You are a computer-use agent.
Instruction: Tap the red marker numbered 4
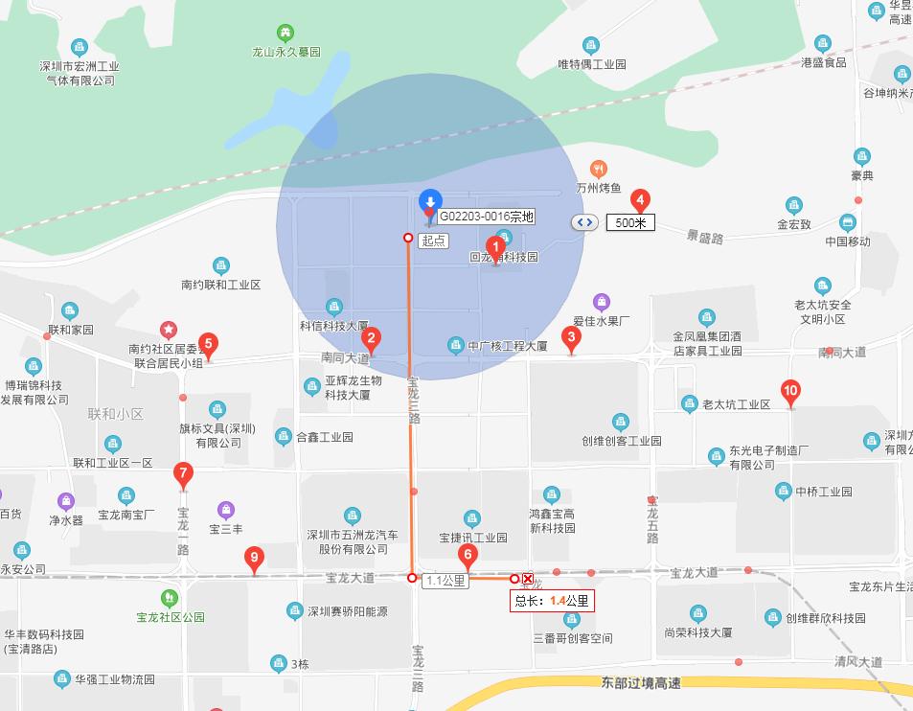[x=642, y=200]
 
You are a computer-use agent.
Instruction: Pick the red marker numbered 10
[x=790, y=391]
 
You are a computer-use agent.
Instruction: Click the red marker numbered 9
[x=254, y=558]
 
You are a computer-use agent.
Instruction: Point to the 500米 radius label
[x=630, y=222]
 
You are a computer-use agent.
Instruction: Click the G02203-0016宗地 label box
[x=487, y=218]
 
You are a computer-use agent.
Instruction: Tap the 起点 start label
[x=433, y=241]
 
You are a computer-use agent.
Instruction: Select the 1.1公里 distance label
[x=445, y=580]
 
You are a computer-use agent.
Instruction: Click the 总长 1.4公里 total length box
[x=552, y=601]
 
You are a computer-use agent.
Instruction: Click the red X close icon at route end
[x=528, y=578]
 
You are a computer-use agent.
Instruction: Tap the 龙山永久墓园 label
[x=285, y=52]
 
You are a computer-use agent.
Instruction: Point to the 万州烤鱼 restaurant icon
[x=599, y=169]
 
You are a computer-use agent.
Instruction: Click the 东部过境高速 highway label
[x=641, y=682]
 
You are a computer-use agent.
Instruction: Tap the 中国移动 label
[x=848, y=241]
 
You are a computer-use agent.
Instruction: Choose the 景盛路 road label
[x=704, y=235]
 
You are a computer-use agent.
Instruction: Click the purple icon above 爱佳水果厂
[x=601, y=302]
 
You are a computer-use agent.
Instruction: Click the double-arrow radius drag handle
[x=584, y=222]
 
